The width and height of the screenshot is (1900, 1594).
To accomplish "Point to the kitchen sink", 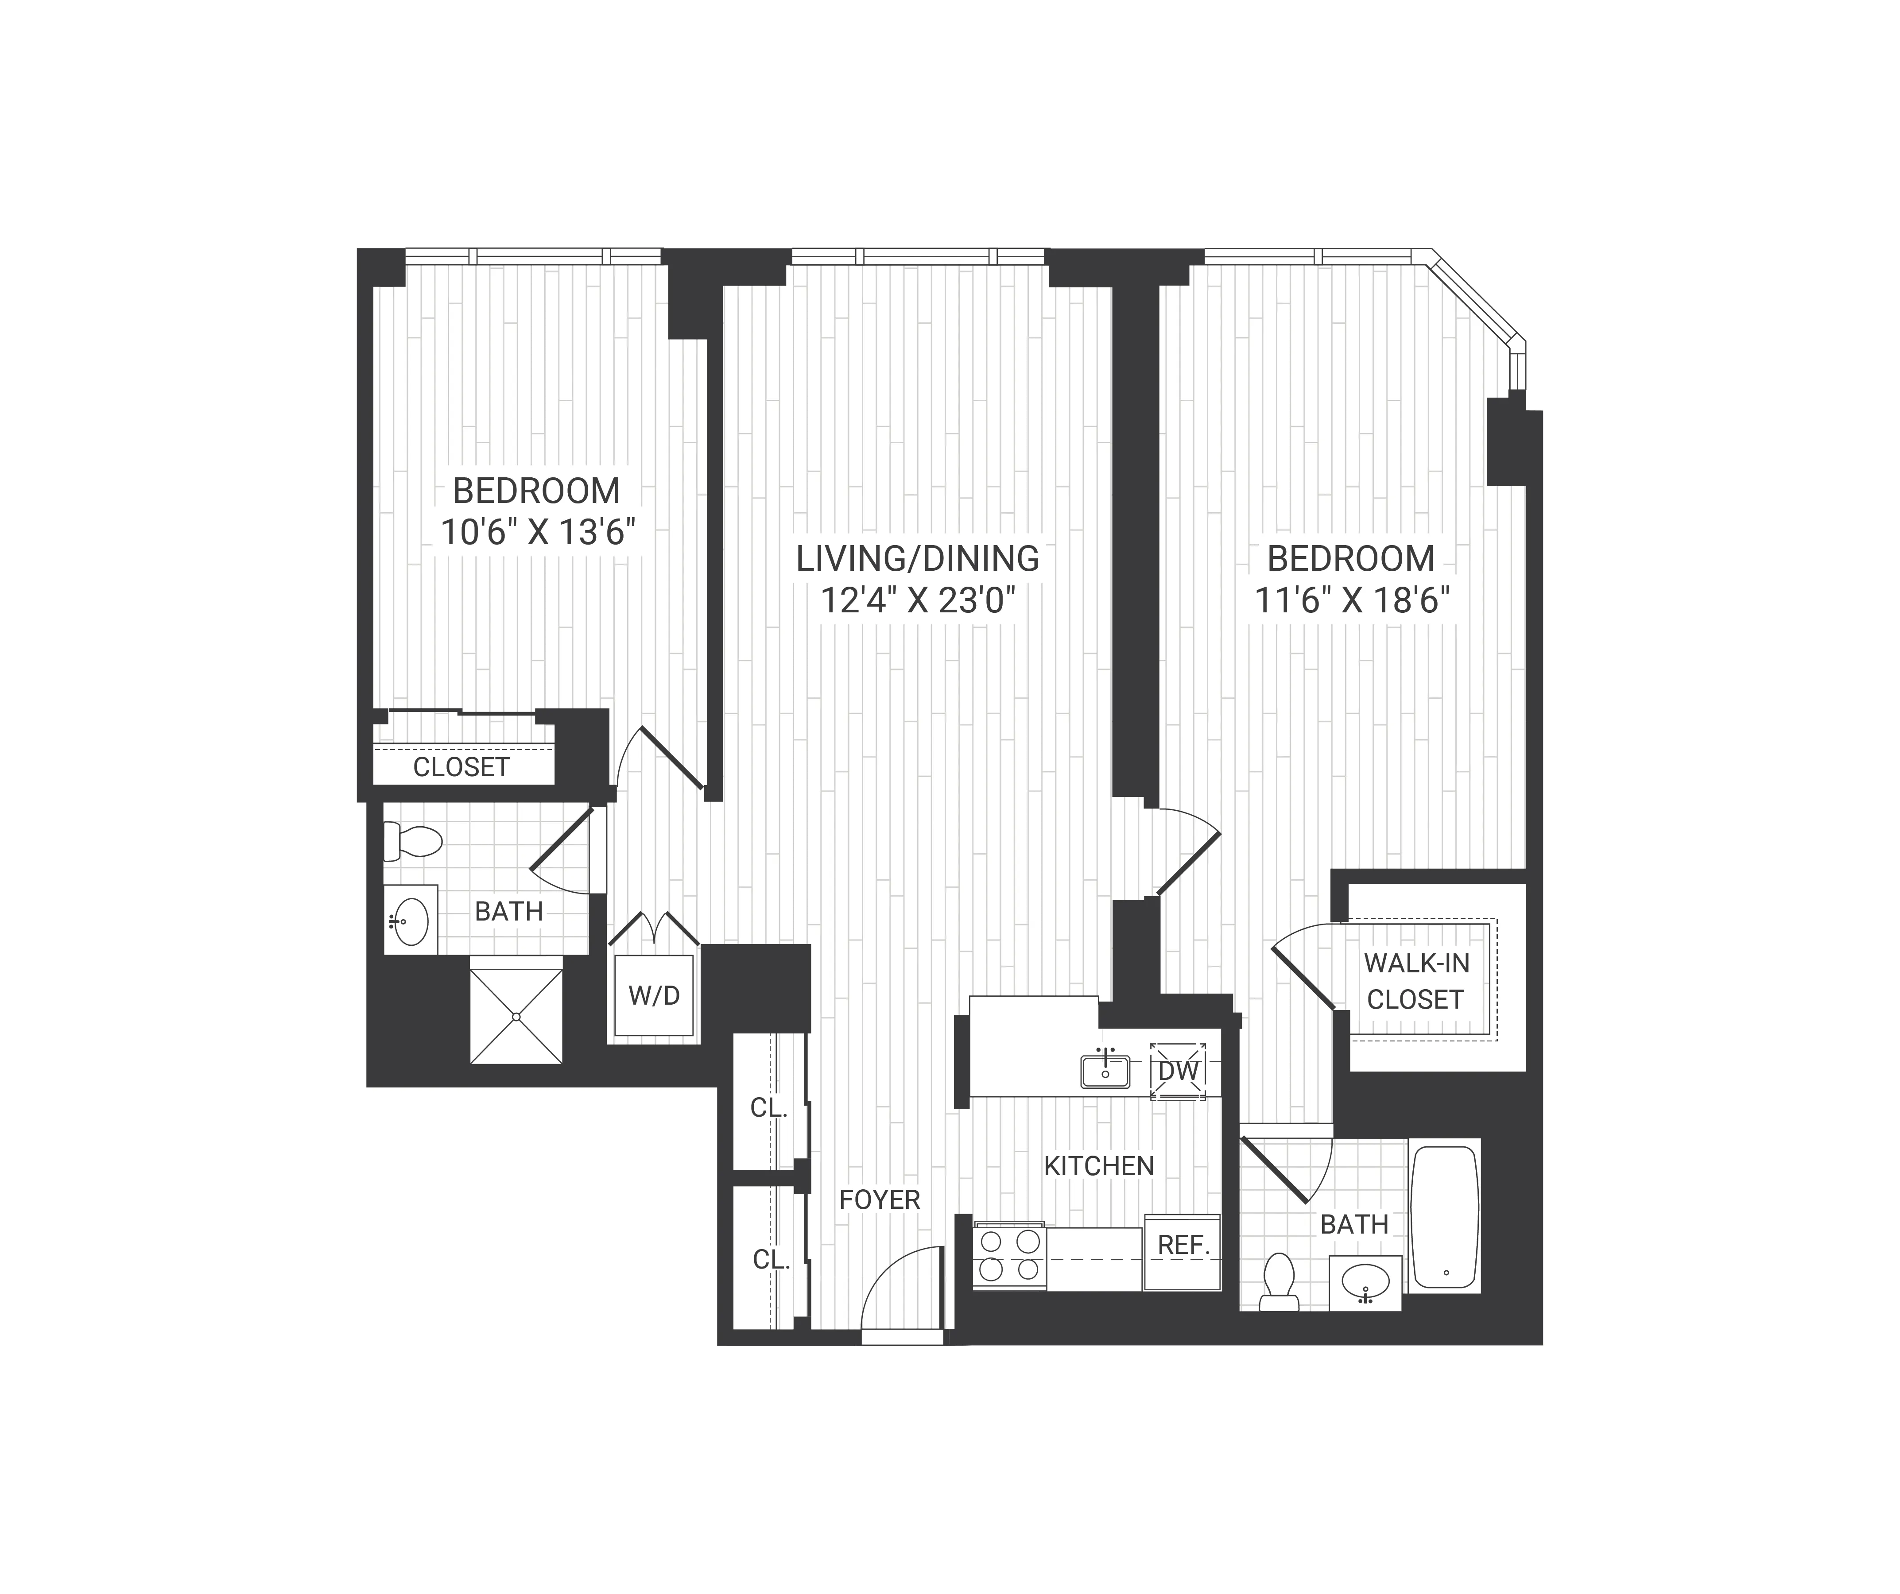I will [1105, 1072].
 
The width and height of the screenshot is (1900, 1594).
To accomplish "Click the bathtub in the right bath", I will [1445, 1217].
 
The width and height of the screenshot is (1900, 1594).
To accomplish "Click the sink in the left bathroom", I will [412, 921].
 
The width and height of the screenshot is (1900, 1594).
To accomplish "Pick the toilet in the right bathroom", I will [1279, 1281].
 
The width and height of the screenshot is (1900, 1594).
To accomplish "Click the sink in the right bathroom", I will [1365, 1282].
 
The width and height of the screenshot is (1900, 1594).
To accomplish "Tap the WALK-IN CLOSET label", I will [1416, 982].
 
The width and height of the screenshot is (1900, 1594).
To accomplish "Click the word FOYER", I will [880, 1199].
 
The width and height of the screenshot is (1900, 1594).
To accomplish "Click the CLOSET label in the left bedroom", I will [461, 767].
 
